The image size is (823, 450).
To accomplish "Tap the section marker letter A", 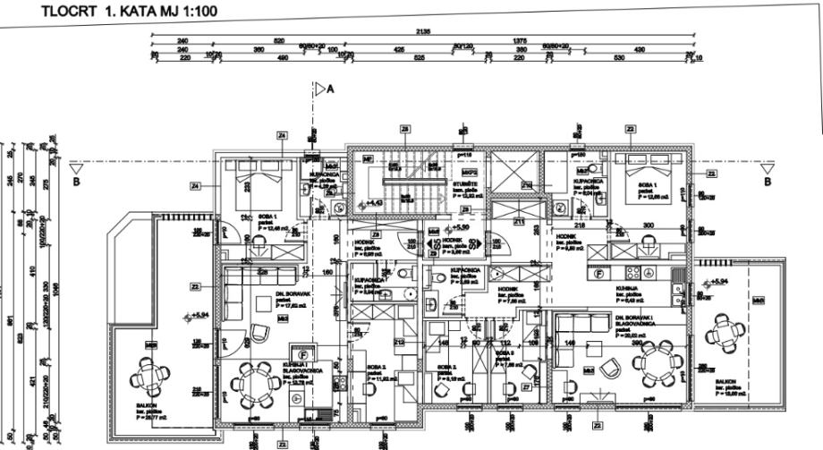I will (x=329, y=89).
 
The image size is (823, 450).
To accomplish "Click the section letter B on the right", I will (x=767, y=182).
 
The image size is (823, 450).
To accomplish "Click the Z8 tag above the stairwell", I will (x=405, y=130).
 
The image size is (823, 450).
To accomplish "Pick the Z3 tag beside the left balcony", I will (x=195, y=286).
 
